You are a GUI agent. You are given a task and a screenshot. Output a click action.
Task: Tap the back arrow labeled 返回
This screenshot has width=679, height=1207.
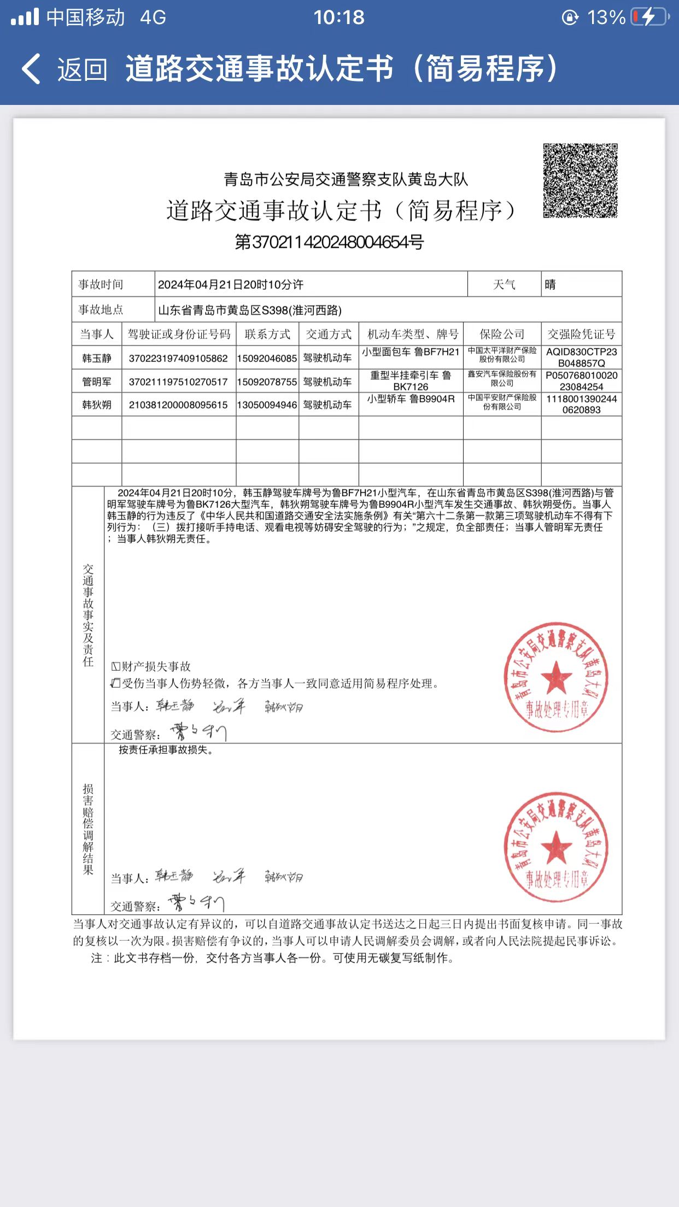coord(32,69)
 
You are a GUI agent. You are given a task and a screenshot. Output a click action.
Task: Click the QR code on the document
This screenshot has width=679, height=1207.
coord(580,180)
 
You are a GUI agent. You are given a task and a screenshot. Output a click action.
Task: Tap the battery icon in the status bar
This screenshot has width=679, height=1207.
coord(649,17)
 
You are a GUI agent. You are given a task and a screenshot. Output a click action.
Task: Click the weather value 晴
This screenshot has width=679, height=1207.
coord(551,284)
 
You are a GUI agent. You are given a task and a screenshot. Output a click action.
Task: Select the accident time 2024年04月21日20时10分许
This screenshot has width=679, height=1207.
coord(230,284)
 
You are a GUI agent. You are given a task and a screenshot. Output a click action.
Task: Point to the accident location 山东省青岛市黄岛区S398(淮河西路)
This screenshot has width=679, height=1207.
coord(250,310)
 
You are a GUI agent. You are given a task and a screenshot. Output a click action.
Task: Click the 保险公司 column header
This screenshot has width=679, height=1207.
coord(502,334)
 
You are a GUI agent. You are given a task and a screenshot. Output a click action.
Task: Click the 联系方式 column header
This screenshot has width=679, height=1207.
coord(267,334)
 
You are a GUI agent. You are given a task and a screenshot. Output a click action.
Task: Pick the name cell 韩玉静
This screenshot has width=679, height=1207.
coord(97,358)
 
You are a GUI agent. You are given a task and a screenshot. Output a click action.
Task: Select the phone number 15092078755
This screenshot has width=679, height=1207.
coord(267,382)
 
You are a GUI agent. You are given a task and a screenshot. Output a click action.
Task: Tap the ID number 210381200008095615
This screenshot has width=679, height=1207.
coord(178,405)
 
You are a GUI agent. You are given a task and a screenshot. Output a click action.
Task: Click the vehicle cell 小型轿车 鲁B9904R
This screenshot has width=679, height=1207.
coord(411,400)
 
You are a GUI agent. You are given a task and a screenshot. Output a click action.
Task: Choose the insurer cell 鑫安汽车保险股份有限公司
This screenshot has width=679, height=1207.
coord(502,378)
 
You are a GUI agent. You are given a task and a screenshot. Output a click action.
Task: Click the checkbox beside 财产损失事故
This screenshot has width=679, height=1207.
coord(116,666)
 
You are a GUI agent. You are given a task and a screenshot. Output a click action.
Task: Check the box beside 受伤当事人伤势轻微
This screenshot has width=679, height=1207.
coord(115,683)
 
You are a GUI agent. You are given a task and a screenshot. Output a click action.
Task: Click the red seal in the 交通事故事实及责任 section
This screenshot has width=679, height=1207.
coord(556,677)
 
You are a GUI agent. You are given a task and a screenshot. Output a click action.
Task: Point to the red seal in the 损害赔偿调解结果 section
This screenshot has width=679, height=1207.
coord(556,847)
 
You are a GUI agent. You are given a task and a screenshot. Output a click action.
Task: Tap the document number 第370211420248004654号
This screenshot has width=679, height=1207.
coord(329,242)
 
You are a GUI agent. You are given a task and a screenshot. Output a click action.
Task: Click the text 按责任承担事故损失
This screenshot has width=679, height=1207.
coord(166,750)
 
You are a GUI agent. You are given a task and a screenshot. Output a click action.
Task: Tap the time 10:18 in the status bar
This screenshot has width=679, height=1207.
coord(339,17)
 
